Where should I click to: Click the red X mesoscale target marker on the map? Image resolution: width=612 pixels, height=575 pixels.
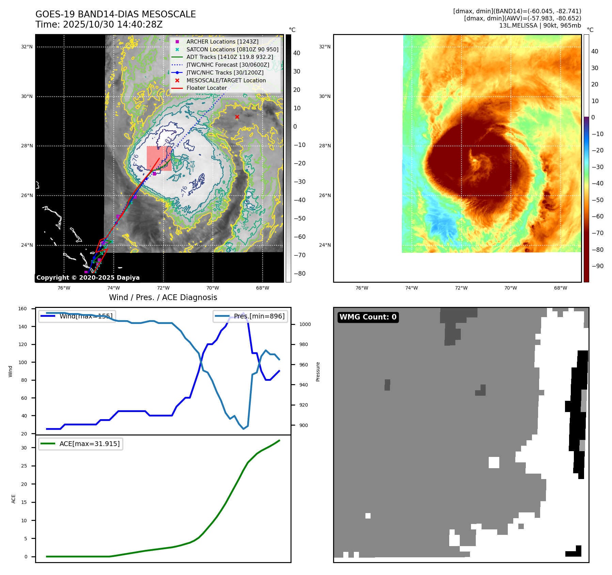point(237,117)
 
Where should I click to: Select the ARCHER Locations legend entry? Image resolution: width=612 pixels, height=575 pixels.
point(222,42)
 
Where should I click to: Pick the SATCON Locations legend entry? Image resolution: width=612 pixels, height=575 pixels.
point(232,49)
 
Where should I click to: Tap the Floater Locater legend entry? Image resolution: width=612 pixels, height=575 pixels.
point(206,88)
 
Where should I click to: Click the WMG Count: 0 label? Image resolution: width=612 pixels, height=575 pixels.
point(368,317)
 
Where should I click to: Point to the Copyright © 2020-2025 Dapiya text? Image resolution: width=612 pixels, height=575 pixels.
point(88,278)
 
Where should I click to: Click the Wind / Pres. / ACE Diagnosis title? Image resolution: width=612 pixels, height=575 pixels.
point(163,297)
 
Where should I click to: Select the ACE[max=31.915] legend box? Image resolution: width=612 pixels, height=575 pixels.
point(81,444)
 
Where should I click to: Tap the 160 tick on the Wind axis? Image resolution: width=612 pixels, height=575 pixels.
point(22,309)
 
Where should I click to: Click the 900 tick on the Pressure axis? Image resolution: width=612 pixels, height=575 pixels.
point(305,425)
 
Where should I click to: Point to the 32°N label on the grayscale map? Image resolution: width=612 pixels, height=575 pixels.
point(27,47)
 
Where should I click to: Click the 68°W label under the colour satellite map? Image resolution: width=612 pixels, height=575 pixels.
point(560,288)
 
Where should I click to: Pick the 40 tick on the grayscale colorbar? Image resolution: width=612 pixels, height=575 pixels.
point(297,53)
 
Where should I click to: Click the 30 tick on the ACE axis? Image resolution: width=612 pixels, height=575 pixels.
point(24,448)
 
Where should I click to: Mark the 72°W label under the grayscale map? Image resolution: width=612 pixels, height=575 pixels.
point(163,288)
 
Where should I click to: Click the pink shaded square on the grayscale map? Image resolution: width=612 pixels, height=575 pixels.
point(159,158)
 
